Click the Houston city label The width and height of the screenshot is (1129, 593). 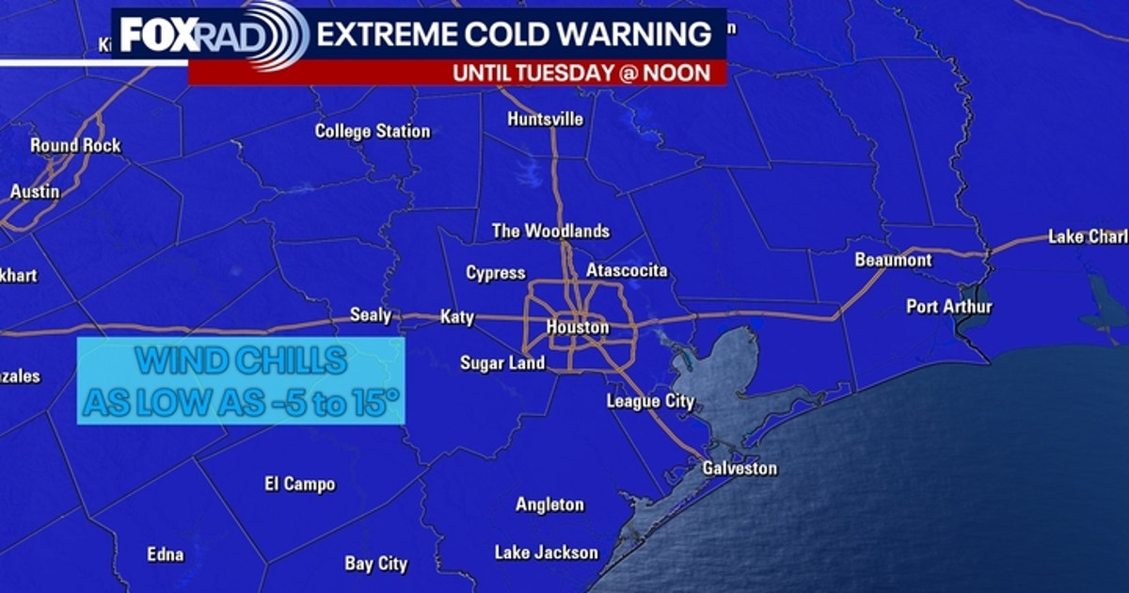tap(578, 328)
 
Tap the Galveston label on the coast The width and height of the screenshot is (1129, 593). tap(740, 468)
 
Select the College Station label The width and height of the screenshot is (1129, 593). tap(372, 131)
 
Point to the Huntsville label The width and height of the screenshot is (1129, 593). tap(545, 120)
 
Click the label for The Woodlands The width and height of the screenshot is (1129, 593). tap(550, 231)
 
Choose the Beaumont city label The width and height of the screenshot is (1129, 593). tap(893, 260)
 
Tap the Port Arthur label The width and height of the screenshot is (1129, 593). tap(949, 307)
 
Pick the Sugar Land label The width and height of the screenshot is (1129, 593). tap(502, 362)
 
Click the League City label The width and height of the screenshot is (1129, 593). tap(650, 402)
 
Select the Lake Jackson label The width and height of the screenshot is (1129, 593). tap(546, 553)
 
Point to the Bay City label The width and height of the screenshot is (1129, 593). tap(376, 564)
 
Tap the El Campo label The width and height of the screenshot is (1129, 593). tap(299, 485)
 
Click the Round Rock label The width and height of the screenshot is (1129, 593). tap(75, 146)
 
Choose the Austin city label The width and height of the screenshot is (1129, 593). tap(35, 191)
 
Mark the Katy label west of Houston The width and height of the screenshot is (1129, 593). tap(457, 317)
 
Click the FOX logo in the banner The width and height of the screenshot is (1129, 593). tap(157, 36)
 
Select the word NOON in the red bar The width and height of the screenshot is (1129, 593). tap(677, 72)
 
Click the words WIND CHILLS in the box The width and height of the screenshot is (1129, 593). tap(241, 361)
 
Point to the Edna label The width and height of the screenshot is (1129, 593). tap(166, 554)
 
